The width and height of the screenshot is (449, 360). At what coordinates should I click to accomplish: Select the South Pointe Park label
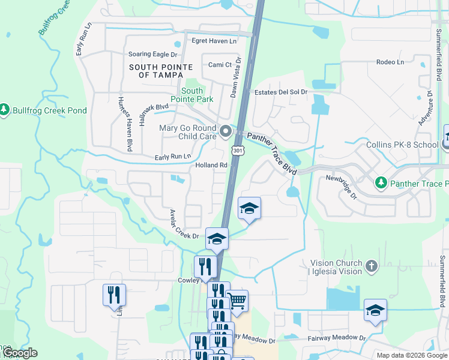pyautogui.click(x=192, y=95)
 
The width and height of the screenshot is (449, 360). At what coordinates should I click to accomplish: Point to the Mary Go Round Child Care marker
pyautogui.click(x=226, y=130)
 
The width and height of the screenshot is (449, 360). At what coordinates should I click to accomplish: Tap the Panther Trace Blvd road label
pyautogui.click(x=273, y=154)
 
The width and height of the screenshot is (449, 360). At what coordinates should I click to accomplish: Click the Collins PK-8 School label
pyautogui.click(x=403, y=145)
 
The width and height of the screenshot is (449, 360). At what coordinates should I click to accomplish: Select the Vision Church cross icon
pyautogui.click(x=372, y=266)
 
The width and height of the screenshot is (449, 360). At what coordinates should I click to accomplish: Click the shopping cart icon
pyautogui.click(x=237, y=300)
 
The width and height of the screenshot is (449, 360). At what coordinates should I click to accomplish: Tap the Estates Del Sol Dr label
pyautogui.click(x=281, y=92)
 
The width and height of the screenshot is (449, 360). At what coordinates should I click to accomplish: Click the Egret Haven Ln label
pyautogui.click(x=214, y=41)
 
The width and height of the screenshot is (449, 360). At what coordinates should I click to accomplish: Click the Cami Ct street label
pyautogui.click(x=220, y=65)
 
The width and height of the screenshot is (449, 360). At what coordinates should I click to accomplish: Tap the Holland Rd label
pyautogui.click(x=211, y=165)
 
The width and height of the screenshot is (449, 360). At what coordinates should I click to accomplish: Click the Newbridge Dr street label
pyautogui.click(x=342, y=187)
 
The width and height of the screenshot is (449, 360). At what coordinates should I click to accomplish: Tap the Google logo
pyautogui.click(x=20, y=353)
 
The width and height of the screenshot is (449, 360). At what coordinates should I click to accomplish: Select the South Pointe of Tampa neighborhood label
pyautogui.click(x=161, y=71)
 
